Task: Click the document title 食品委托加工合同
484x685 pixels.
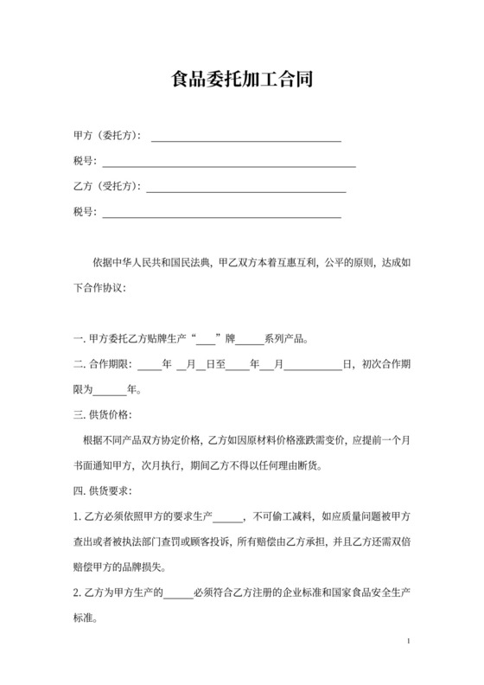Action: click(241, 81)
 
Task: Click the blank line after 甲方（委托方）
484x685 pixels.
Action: click(246, 138)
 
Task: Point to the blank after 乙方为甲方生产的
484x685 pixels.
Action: click(179, 594)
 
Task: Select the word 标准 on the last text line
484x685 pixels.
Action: click(86, 619)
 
